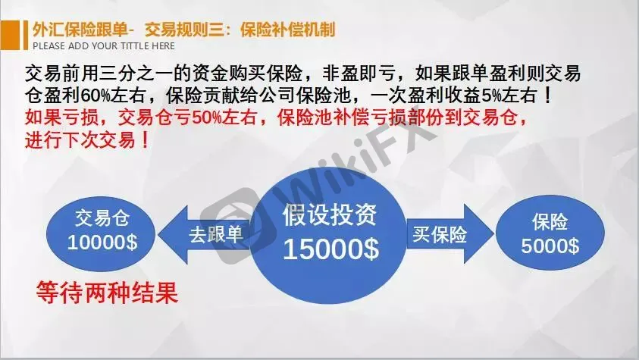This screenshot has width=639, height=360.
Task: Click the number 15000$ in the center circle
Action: [331, 249]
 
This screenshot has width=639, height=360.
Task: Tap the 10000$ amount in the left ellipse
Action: [102, 243]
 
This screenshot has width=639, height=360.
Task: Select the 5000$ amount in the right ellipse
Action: [550, 246]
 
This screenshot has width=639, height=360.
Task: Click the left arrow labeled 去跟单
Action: [204, 235]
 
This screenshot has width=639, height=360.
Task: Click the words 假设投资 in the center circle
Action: [330, 214]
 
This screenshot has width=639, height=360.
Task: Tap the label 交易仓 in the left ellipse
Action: [102, 218]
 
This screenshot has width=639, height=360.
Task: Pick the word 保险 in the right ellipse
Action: [550, 222]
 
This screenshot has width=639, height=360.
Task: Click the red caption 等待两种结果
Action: [107, 293]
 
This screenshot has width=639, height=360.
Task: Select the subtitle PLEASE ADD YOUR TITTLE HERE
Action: [104, 46]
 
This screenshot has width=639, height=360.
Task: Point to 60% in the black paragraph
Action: [96, 95]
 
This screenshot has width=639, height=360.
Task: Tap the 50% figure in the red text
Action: [207, 118]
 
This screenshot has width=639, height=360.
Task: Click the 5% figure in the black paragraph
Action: [491, 95]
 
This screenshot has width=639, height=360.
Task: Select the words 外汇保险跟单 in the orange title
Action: [80, 30]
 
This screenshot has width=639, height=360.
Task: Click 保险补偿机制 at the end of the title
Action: [288, 30]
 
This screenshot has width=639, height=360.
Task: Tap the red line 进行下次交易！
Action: [88, 140]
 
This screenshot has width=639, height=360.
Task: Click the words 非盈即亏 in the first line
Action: [359, 74]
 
